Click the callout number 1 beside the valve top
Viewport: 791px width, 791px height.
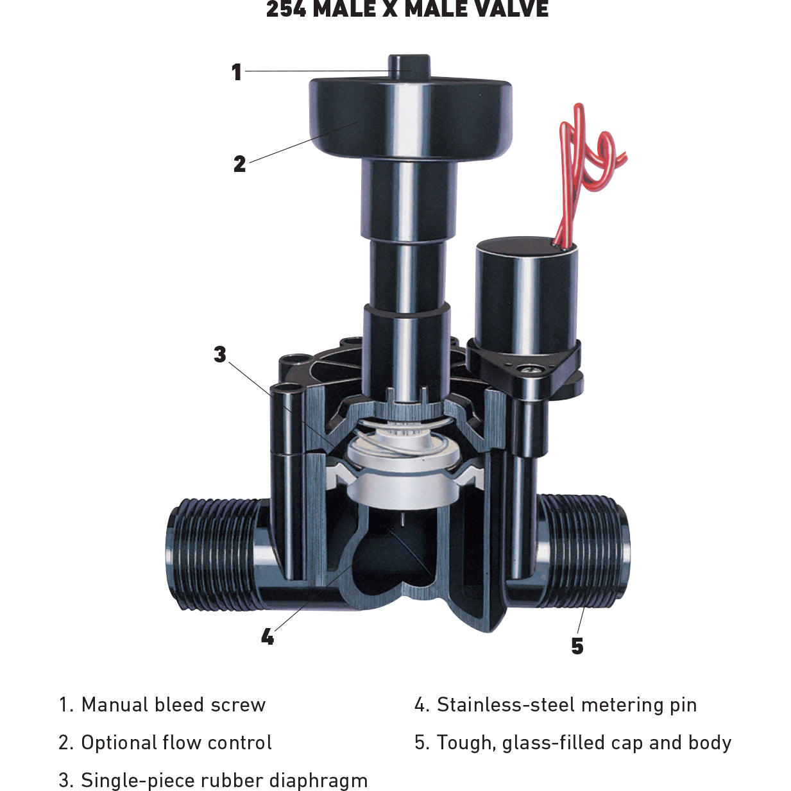[x=237, y=72]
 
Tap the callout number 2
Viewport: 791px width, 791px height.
[x=239, y=164]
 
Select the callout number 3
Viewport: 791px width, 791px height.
[x=220, y=354]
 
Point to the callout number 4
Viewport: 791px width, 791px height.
[x=268, y=636]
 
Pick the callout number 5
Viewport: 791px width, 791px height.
[x=577, y=646]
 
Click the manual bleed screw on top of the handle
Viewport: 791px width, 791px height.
[x=409, y=65]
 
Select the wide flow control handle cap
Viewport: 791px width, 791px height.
[x=411, y=119]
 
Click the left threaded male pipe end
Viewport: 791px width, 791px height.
[x=212, y=552]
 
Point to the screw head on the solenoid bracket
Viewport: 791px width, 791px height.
[x=532, y=368]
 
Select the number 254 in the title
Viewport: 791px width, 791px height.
[x=286, y=10]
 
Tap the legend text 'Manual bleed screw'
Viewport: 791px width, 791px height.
[x=173, y=704]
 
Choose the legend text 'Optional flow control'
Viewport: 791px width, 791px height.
[x=176, y=742]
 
